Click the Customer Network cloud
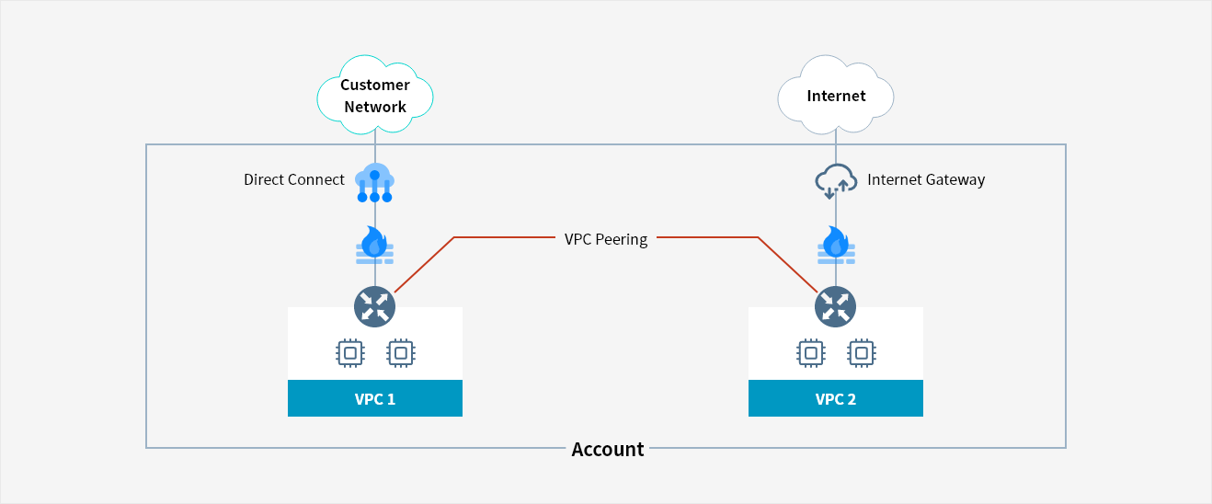point(375,95)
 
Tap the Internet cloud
point(836,96)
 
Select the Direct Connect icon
point(374,182)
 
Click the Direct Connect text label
point(294,179)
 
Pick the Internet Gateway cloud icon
point(836,181)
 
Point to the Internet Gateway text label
point(926,179)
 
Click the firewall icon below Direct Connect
point(374,244)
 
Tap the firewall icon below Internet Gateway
point(835,244)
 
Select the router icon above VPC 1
point(374,306)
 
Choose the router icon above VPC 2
point(835,306)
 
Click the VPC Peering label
point(606,239)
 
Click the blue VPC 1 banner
point(375,399)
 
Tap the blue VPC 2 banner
point(836,399)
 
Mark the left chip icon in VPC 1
point(349,352)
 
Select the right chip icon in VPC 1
point(400,352)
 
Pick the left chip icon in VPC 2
point(810,352)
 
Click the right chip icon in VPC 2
point(861,352)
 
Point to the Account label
point(608,449)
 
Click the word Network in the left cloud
point(375,107)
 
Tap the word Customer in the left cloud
point(375,85)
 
